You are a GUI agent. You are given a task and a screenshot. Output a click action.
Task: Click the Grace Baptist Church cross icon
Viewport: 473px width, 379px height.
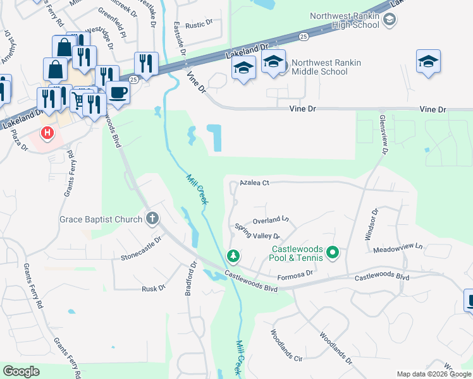click(x=152, y=219)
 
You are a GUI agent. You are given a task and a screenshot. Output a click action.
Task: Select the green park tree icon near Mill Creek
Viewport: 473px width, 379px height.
click(x=233, y=256)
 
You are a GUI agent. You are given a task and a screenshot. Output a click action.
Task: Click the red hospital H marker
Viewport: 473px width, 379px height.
click(x=47, y=133)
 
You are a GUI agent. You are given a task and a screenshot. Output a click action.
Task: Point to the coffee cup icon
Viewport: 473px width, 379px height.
click(x=118, y=93)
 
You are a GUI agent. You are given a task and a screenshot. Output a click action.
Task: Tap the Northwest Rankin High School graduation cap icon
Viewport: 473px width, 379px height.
click(x=390, y=20)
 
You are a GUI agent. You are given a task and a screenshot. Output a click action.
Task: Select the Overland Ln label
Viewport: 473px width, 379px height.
click(x=270, y=221)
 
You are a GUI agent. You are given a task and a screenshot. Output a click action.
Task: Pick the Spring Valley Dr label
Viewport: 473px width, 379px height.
click(x=257, y=231)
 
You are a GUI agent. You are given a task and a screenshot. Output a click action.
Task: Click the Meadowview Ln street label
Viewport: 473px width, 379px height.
click(x=398, y=248)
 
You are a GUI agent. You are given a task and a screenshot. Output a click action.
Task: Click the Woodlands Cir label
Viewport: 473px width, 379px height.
click(x=286, y=345)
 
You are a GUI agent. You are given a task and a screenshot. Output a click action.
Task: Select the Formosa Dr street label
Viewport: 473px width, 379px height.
click(x=296, y=273)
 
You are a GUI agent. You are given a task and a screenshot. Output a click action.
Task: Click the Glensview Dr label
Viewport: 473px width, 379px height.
click(x=382, y=133)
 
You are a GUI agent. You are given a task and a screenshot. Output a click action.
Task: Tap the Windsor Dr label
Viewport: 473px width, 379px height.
click(x=371, y=224)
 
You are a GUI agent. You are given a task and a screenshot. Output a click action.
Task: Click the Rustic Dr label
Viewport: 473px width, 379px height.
click(x=200, y=25)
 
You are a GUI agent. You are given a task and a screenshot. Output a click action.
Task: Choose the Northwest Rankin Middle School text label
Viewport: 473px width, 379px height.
click(x=320, y=67)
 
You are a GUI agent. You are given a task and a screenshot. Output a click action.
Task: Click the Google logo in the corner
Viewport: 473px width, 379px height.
click(x=21, y=371)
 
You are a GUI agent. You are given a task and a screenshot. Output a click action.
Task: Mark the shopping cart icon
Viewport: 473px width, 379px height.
click(x=78, y=100)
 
